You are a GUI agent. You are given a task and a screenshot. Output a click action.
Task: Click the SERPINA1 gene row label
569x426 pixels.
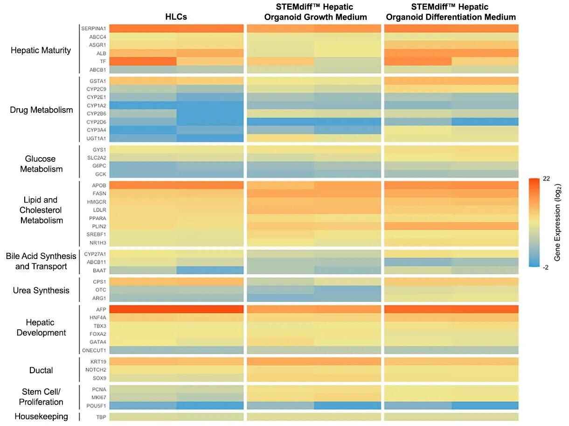coord(93,28)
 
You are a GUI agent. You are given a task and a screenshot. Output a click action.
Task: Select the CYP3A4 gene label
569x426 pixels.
coord(96,129)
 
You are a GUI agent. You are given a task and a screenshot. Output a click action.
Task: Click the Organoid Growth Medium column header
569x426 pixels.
coord(314,13)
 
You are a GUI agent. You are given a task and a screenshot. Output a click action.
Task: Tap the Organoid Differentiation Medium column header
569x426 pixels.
coord(451,13)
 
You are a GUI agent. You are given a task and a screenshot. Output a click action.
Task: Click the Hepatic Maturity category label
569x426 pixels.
coord(41,50)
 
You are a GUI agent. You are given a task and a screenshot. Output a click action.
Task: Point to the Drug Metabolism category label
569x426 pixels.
coord(42,110)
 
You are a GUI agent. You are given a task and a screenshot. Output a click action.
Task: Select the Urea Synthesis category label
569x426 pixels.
coord(41,290)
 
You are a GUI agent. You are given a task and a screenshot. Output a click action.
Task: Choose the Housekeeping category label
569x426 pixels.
coord(41,416)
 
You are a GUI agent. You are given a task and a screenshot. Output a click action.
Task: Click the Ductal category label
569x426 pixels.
coord(41,370)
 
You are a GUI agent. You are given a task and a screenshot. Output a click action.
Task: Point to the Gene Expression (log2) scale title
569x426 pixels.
coord(558,223)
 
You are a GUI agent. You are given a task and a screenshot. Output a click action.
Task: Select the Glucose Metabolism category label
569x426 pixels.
coord(41,164)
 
